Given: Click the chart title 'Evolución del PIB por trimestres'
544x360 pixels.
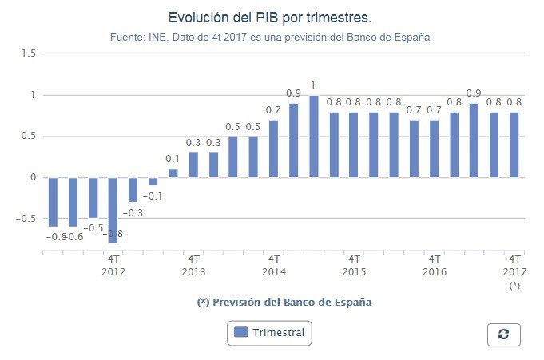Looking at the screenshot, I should (271, 18).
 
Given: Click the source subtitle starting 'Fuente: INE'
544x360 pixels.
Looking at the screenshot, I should (271, 37).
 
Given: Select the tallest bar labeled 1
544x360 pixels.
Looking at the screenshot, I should (314, 136).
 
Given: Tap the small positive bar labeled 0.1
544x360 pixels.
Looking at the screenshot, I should (173, 173).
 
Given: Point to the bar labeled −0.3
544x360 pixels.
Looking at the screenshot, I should (133, 190).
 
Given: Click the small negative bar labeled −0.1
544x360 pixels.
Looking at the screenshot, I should (153, 181).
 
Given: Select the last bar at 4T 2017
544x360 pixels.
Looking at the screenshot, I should (514, 144).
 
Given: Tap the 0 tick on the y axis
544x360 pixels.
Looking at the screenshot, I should (33, 177).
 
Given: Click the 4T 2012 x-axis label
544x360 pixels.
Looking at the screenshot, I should (113, 265).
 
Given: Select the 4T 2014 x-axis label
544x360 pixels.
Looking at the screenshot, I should (274, 265).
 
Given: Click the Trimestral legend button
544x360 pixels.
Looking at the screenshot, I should (269, 332).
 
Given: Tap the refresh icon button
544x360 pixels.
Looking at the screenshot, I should (503, 334).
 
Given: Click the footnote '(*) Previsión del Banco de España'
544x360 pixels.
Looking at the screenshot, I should (284, 303).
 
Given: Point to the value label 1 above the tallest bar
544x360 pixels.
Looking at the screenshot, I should (314, 85).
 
